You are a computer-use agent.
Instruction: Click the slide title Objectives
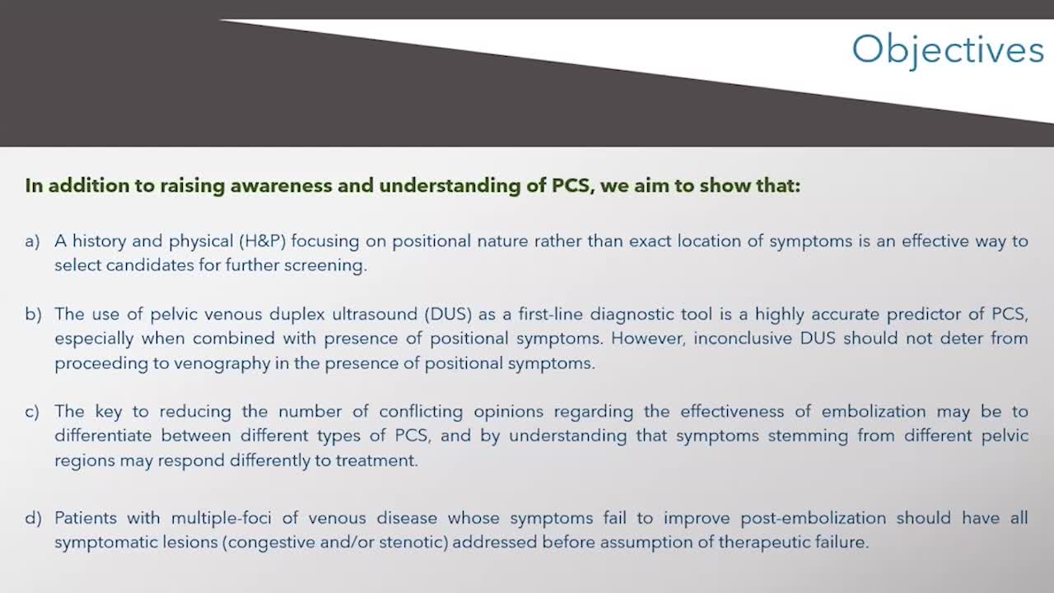[x=948, y=50]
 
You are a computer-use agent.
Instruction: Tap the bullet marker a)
[x=32, y=241]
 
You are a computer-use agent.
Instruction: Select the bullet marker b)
[x=33, y=315]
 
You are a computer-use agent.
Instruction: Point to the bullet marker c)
[x=32, y=412]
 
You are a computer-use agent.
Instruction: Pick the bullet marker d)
[x=33, y=518]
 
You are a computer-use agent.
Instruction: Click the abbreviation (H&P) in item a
[x=263, y=241]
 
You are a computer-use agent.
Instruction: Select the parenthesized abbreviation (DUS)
[x=448, y=315]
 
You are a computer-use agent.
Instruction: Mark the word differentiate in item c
[x=103, y=436]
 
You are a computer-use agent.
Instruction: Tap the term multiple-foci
[x=222, y=518]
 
